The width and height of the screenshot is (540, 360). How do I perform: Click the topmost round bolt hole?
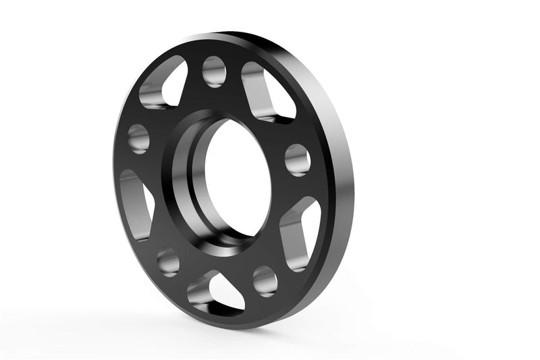[214, 71]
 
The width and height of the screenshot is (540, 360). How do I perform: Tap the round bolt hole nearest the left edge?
[138, 138]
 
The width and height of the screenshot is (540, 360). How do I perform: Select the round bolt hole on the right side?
[297, 159]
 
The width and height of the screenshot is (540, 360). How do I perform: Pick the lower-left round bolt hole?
[168, 261]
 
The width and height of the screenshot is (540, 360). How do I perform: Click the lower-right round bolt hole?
[265, 280]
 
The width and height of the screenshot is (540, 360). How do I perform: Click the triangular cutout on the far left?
[135, 203]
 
